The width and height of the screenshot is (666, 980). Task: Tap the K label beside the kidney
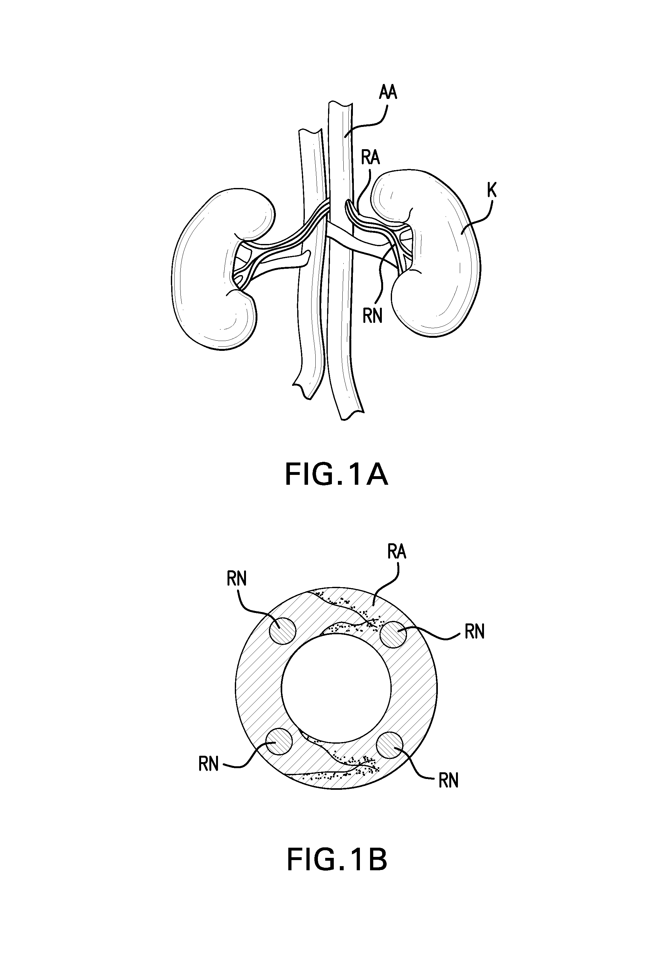click(491, 191)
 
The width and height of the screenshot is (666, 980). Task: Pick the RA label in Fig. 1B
click(396, 553)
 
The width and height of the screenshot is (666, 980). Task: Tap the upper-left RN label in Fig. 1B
click(236, 580)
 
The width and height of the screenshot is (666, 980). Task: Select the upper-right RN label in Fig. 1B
click(474, 632)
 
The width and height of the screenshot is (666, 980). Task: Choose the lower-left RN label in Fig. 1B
click(208, 764)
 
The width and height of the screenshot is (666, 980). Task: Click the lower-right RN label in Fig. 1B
click(448, 781)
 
